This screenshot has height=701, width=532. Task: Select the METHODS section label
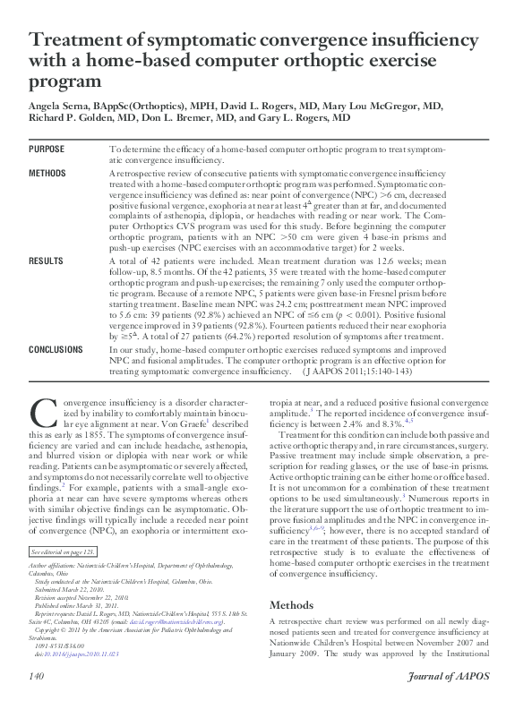[47, 171]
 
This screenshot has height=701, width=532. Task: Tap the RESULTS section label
[46, 261]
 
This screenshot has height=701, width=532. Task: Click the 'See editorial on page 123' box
[64, 554]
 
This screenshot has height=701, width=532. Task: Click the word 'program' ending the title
[66, 81]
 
